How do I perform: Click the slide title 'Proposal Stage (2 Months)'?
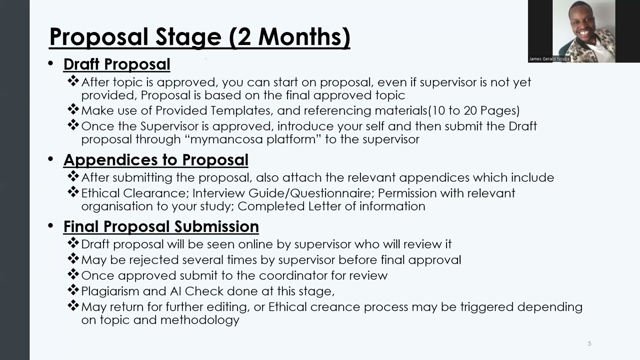tap(199, 37)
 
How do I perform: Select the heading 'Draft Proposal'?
tap(116, 64)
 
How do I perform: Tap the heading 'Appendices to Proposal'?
tap(155, 160)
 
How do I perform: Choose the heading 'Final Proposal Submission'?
tap(160, 226)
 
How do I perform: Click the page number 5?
tap(589, 343)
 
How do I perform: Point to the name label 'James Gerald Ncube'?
tap(549, 59)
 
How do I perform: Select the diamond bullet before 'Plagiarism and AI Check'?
tap(73, 290)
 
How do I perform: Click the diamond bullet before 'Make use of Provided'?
tap(73, 109)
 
